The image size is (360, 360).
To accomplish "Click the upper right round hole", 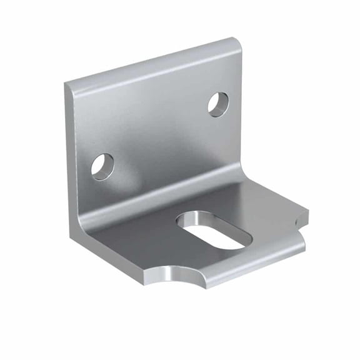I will pos(218,104).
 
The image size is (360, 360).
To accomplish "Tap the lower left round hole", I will pos(102,166).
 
